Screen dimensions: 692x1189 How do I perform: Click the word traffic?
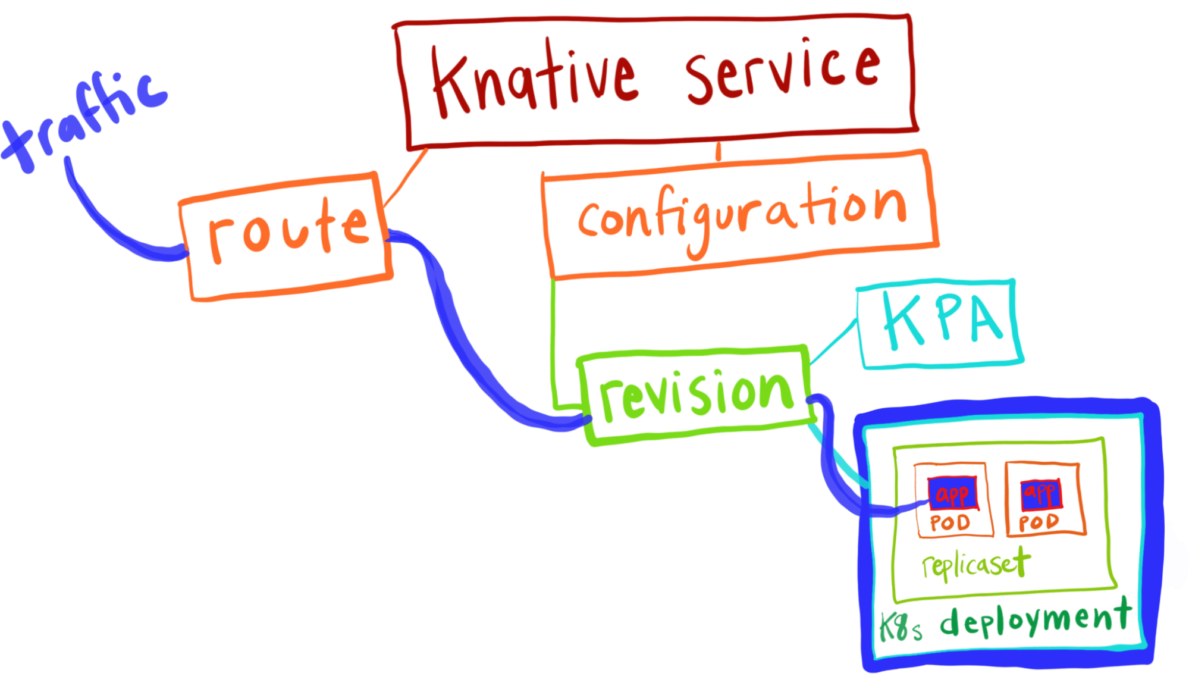[83, 122]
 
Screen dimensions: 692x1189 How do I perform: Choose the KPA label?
[943, 321]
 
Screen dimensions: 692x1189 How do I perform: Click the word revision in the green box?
[696, 393]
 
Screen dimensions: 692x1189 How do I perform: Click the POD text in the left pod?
[950, 523]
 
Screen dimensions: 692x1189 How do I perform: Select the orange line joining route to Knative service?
[406, 177]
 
